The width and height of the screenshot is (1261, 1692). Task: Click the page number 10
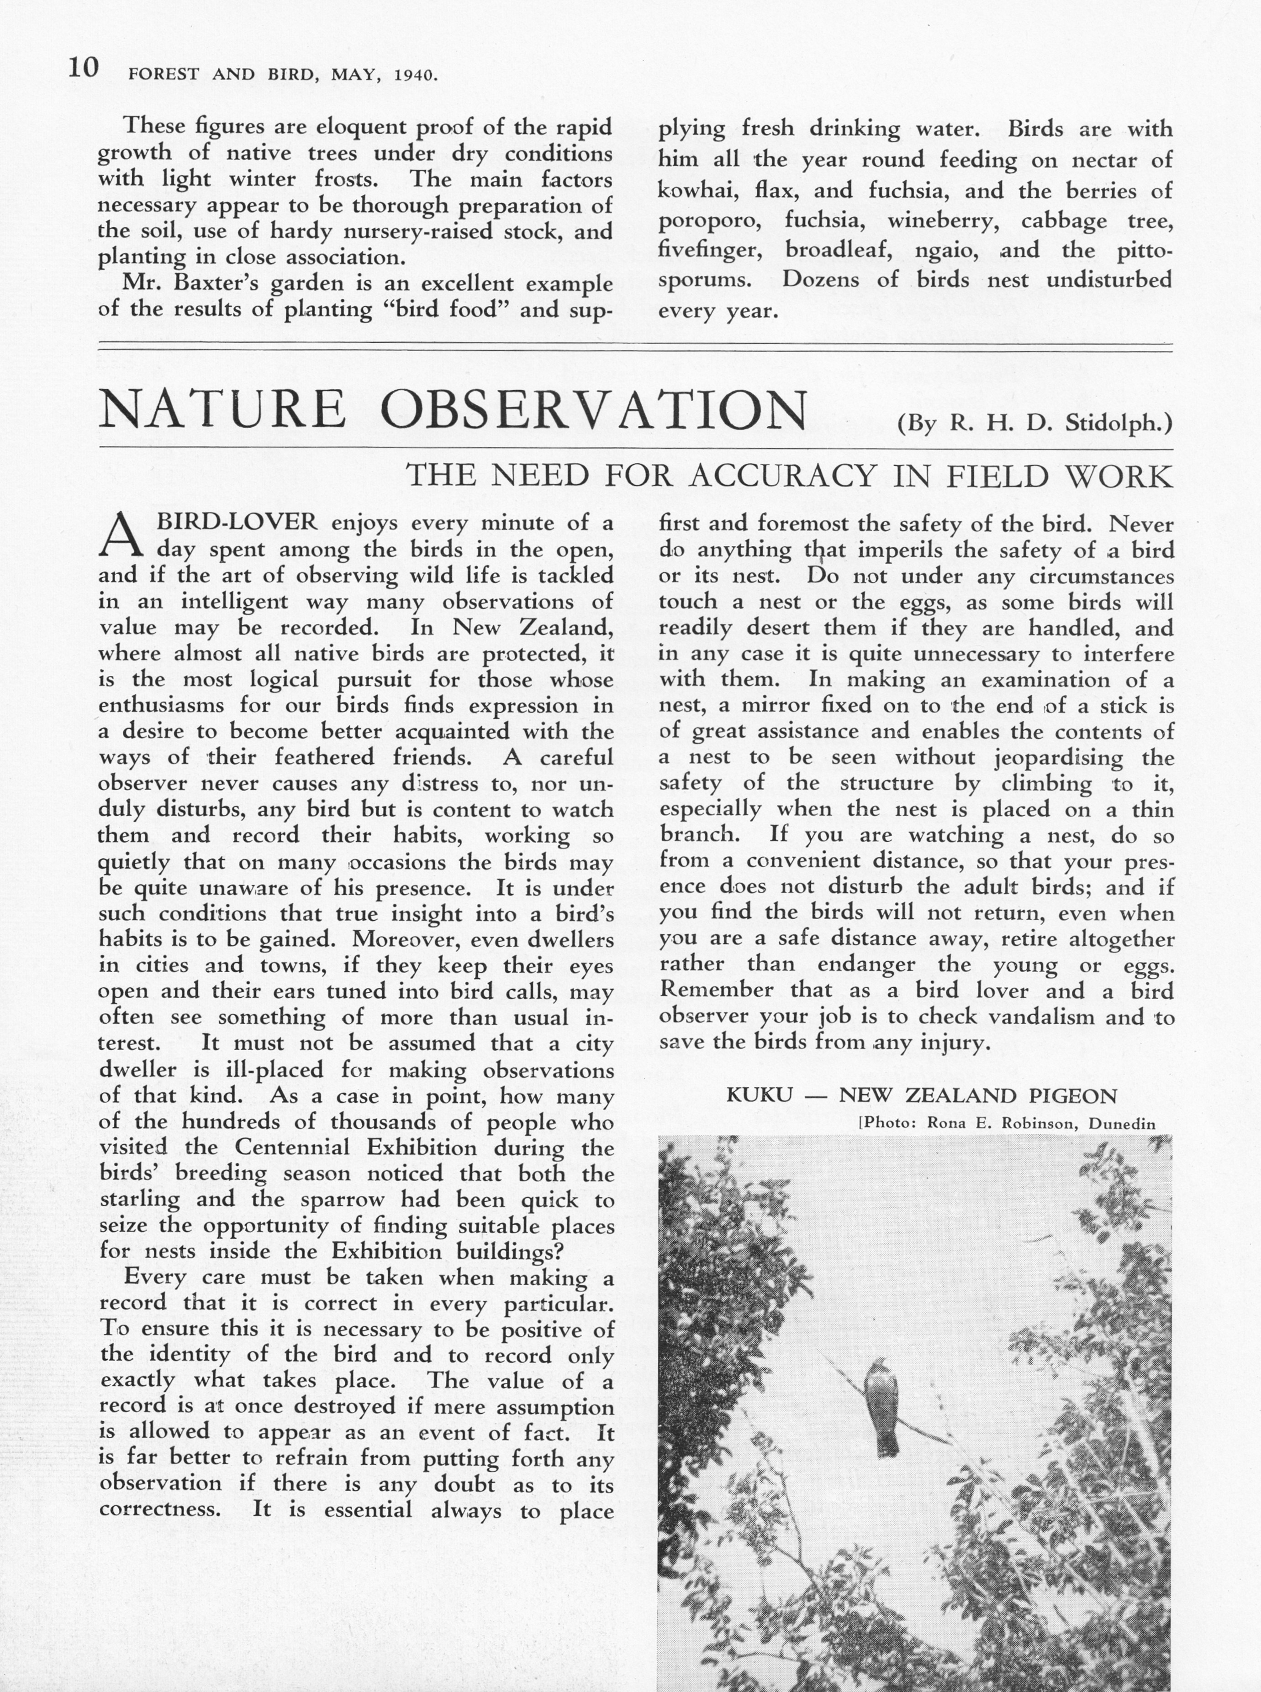83,69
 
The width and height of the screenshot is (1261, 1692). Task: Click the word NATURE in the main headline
222,410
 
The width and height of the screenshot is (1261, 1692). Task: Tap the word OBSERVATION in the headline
593,410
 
